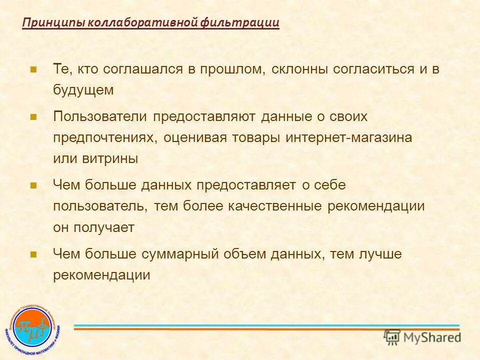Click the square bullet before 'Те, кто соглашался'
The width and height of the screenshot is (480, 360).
[34, 69]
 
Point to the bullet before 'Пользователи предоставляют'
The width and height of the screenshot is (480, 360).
[34, 117]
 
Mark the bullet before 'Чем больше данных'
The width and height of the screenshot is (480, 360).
[34, 185]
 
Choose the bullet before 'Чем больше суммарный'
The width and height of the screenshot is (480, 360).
[34, 254]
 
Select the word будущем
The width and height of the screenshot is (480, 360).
[84, 90]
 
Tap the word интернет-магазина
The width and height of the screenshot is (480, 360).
[349, 138]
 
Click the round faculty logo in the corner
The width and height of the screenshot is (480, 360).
[33, 327]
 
